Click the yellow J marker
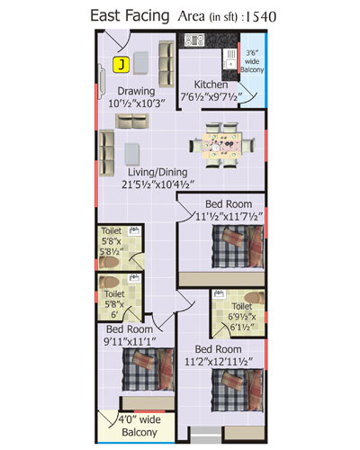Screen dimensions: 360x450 pos(121,65)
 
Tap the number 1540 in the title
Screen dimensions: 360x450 pos(261,17)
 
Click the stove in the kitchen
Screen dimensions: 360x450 pos(194,40)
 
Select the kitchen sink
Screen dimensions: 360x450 pos(230,58)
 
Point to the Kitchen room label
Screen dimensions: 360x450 pos(211,85)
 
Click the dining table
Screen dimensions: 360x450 pos(221,146)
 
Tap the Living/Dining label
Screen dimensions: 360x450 pos(157,172)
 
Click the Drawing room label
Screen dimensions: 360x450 pos(136,91)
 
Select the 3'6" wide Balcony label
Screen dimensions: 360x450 pos(252,61)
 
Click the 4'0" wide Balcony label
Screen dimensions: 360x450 pos(139,426)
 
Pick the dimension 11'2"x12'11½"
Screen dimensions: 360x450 pos(219,362)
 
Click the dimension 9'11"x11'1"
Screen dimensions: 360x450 pos(130,342)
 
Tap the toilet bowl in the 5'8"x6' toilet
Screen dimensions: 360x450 pos(110,282)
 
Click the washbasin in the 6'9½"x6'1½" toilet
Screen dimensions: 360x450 pos(220,293)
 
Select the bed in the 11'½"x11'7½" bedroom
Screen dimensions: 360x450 pos(238,247)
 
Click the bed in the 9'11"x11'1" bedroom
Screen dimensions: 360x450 pos(148,369)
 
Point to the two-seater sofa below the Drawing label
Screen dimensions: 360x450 pos(132,121)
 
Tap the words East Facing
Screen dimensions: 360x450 pos(130,16)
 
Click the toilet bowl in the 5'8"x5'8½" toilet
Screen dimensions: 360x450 pos(109,262)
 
